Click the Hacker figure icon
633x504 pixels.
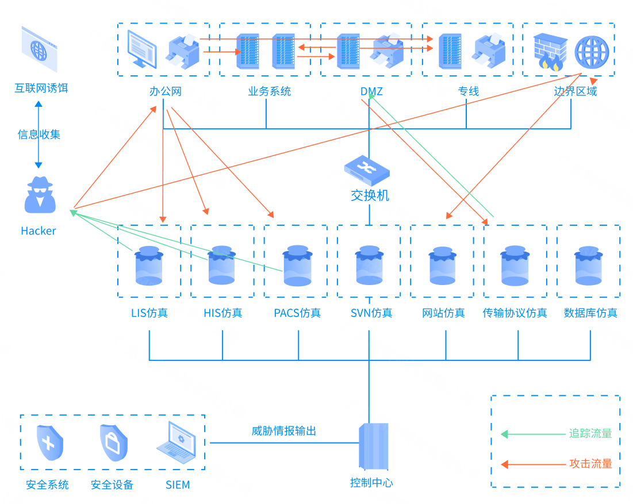(40, 195)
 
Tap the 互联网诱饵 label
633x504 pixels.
(41, 89)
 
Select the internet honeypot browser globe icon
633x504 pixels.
(40, 49)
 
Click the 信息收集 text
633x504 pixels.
(39, 135)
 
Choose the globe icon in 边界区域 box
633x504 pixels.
(591, 52)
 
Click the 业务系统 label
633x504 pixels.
(269, 91)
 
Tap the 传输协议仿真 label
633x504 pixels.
(515, 313)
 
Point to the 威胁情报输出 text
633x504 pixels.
(283, 431)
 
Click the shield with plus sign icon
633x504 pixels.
(49, 443)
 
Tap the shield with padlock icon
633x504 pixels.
(113, 443)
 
